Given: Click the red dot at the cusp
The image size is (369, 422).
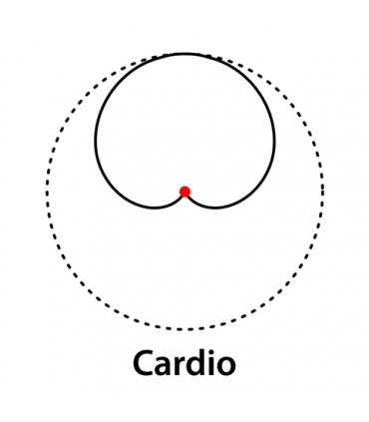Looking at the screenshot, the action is [x=184, y=192].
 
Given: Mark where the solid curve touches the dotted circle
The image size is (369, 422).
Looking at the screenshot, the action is [x=184, y=54].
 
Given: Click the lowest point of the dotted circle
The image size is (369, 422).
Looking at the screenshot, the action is [x=184, y=329].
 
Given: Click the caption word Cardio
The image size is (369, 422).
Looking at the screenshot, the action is [x=185, y=364].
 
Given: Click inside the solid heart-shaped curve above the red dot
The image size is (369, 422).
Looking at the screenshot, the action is [x=184, y=130].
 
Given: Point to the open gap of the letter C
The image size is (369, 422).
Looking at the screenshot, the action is [x=155, y=364].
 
